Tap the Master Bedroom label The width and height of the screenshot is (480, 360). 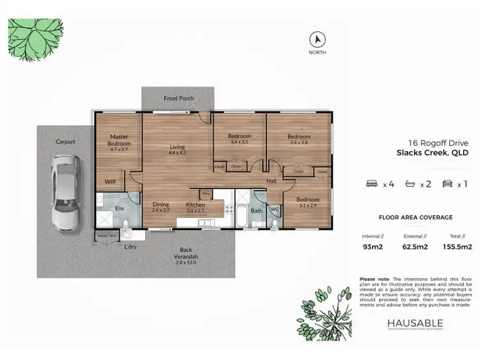pyautogui.click(x=120, y=140)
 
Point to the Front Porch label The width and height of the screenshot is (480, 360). pyautogui.click(x=178, y=98)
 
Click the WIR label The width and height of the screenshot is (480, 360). pyautogui.click(x=110, y=182)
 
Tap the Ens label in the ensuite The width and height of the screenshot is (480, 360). pyautogui.click(x=119, y=208)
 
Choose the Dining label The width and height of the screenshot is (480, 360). pyautogui.click(x=161, y=204)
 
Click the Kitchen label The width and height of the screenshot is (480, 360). pyautogui.click(x=195, y=204)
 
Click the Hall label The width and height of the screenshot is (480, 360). pyautogui.click(x=271, y=182)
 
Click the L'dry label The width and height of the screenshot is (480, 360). pyautogui.click(x=131, y=246)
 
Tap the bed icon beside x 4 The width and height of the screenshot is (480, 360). pyautogui.click(x=371, y=184)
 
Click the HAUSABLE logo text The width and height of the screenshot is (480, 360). pyautogui.click(x=414, y=324)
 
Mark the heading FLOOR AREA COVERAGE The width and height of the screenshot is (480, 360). pyautogui.click(x=415, y=217)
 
